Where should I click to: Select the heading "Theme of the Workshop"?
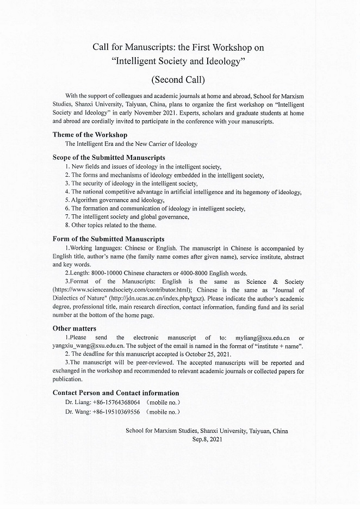(x=90, y=134)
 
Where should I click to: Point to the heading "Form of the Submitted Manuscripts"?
(x=108, y=239)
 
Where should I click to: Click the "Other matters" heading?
(x=75, y=328)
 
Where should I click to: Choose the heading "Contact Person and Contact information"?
(x=116, y=393)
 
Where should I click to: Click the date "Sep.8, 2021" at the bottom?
(x=207, y=438)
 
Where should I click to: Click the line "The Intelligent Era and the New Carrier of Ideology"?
(x=131, y=144)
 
